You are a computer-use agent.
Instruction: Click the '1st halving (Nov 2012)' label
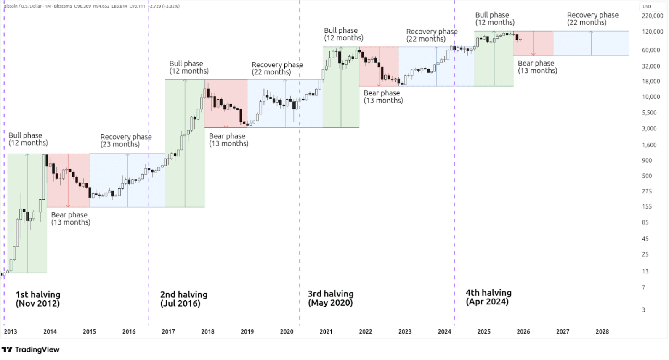pyautogui.click(x=38, y=299)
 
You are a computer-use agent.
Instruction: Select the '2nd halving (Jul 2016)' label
pyautogui.click(x=183, y=299)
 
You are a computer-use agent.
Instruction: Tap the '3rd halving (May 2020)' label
pyautogui.click(x=330, y=298)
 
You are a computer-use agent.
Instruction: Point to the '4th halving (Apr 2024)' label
pyautogui.click(x=488, y=297)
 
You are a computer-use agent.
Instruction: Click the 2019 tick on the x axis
pyautogui.click(x=247, y=331)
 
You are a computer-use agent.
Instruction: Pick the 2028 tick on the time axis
pyautogui.click(x=602, y=331)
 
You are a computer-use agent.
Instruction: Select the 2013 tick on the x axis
pyautogui.click(x=11, y=331)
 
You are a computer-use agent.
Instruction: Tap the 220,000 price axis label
pyautogui.click(x=652, y=16)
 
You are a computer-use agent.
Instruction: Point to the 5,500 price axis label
pyautogui.click(x=649, y=113)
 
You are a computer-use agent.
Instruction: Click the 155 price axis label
pyautogui.click(x=647, y=206)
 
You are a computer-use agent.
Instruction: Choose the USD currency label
pyautogui.click(x=647, y=6)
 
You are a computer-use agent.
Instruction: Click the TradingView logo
pyautogui.click(x=31, y=349)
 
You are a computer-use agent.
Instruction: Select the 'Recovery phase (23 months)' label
pyautogui.click(x=125, y=140)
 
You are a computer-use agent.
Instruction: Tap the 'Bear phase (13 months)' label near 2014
pyautogui.click(x=71, y=219)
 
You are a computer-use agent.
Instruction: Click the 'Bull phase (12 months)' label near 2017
pyautogui.click(x=189, y=67)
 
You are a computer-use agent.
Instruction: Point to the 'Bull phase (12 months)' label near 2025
pyautogui.click(x=495, y=19)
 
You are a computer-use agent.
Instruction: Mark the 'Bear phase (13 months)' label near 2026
pyautogui.click(x=537, y=67)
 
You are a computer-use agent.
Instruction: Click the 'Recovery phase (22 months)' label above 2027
pyautogui.click(x=592, y=19)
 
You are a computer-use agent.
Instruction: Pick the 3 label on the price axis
pyautogui.click(x=643, y=310)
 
